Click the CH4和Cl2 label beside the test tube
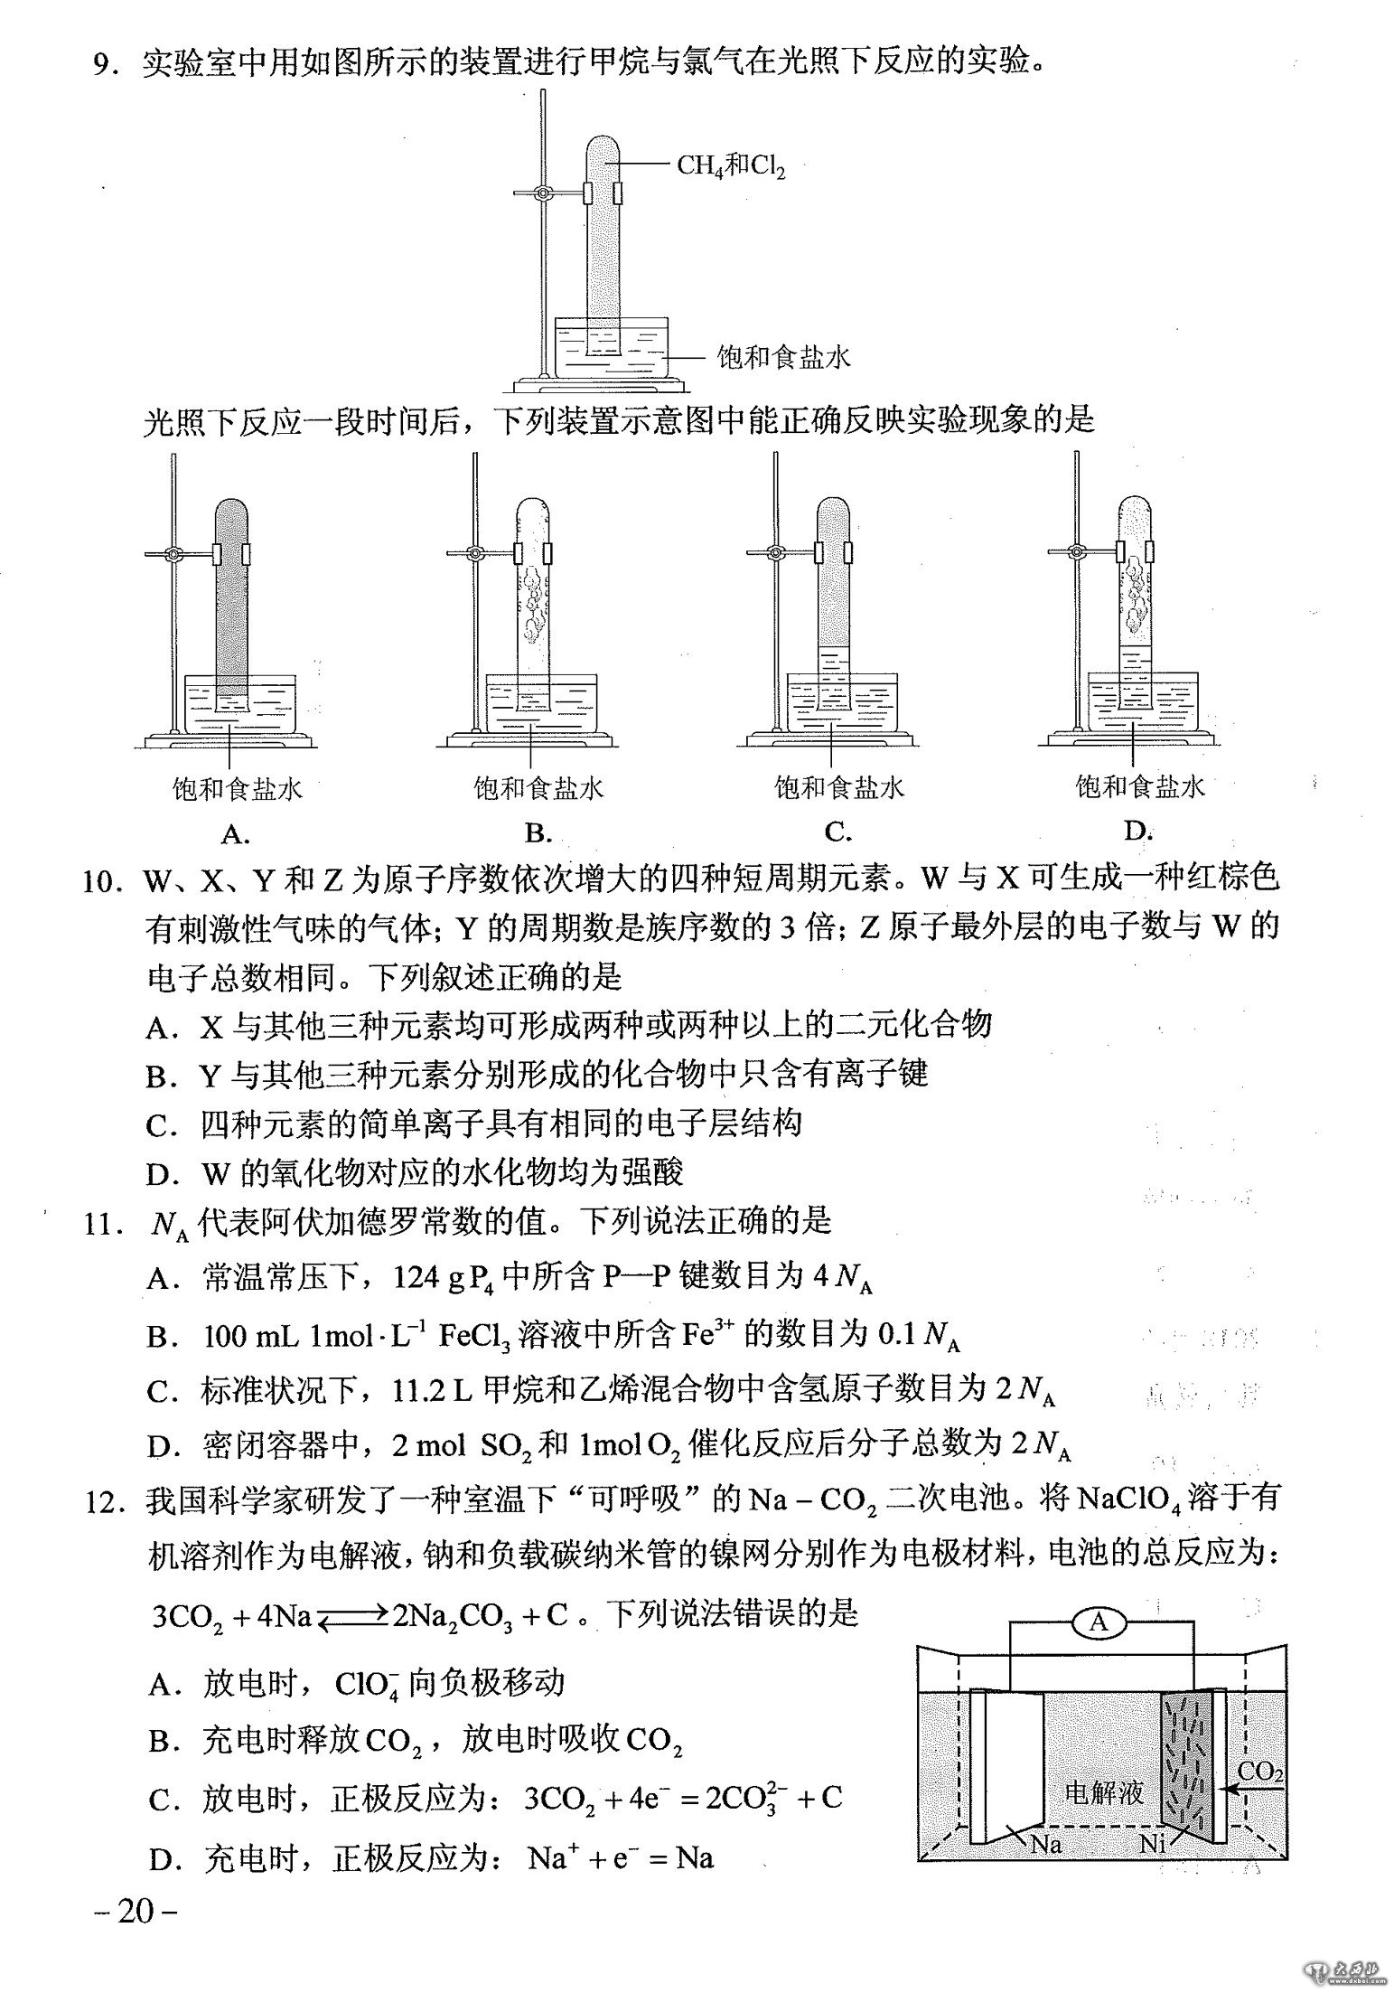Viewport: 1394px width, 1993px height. (x=731, y=166)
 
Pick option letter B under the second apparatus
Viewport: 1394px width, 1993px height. (x=537, y=833)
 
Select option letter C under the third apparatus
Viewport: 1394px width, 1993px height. (x=837, y=832)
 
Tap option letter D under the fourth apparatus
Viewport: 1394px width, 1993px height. (x=1137, y=831)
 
